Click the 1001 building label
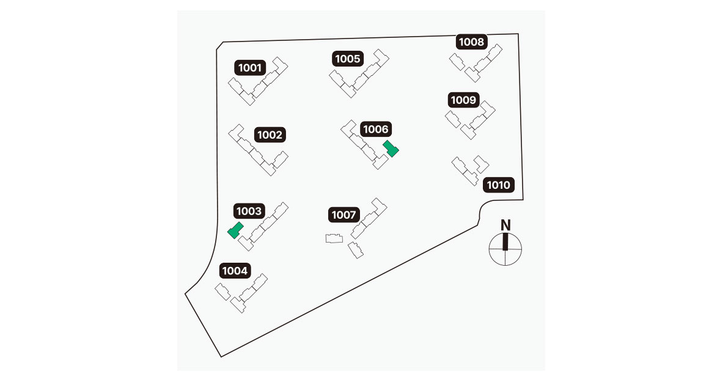pyautogui.click(x=250, y=68)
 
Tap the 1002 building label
pyautogui.click(x=270, y=134)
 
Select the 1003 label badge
pyautogui.click(x=249, y=211)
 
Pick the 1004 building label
pyautogui.click(x=235, y=271)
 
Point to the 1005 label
pyautogui.click(x=348, y=59)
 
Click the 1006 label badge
pyautogui.click(x=376, y=130)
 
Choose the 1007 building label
pyautogui.click(x=344, y=214)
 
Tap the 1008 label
pyautogui.click(x=472, y=42)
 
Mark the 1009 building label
pyautogui.click(x=463, y=100)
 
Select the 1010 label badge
pyautogui.click(x=498, y=185)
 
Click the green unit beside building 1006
pyautogui.click(x=391, y=148)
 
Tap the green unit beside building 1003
pyautogui.click(x=235, y=230)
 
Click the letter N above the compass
pyautogui.click(x=505, y=225)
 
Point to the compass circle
pyautogui.click(x=505, y=249)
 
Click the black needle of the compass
pyautogui.click(x=505, y=241)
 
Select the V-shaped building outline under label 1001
pyautogui.click(x=258, y=81)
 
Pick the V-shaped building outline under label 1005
pyautogui.click(x=359, y=74)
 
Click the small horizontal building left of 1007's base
pyautogui.click(x=334, y=238)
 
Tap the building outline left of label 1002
pyautogui.click(x=258, y=150)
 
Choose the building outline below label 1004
pyautogui.click(x=241, y=293)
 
